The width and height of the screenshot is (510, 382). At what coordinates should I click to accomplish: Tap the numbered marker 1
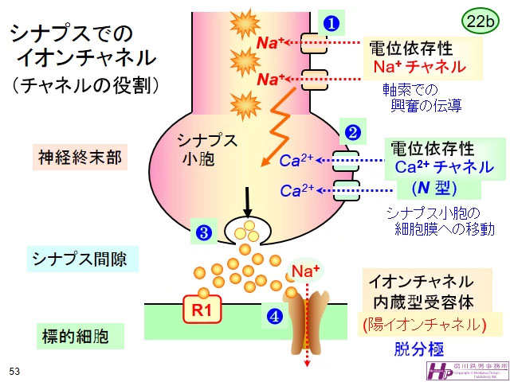329,22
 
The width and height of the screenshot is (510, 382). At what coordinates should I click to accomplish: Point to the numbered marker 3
203,232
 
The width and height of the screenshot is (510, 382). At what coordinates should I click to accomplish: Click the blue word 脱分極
418,349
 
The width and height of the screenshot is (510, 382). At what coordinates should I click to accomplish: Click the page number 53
14,371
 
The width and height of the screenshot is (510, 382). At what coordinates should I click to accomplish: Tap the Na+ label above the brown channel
305,273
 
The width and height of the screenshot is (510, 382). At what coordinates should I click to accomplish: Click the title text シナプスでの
70,33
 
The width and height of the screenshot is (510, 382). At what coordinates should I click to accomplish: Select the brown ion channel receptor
307,318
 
